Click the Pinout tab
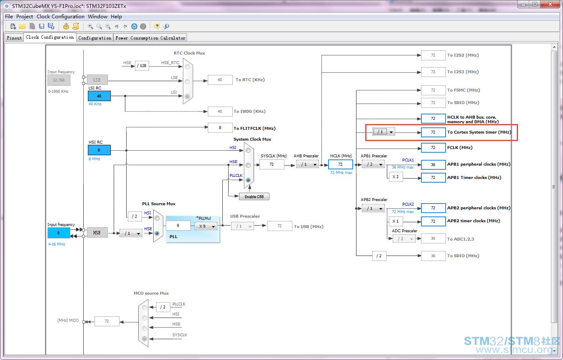point(14,38)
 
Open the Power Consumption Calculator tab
point(150,38)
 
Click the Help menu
point(116,17)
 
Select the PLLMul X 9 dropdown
point(206,226)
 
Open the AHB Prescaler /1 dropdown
point(307,164)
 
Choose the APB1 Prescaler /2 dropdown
point(373,164)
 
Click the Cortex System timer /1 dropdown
point(384,132)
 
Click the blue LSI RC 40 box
point(99,96)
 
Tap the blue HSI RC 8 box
point(99,150)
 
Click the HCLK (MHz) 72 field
point(340,164)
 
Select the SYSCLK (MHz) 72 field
point(272,164)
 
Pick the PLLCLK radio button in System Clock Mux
point(248,180)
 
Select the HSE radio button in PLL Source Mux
point(157,233)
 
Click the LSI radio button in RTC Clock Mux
point(187,96)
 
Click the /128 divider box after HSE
point(142,66)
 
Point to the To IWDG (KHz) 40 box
point(220,111)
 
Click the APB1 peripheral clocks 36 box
point(433,164)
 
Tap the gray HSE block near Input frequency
point(97,233)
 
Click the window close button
point(550,4)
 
